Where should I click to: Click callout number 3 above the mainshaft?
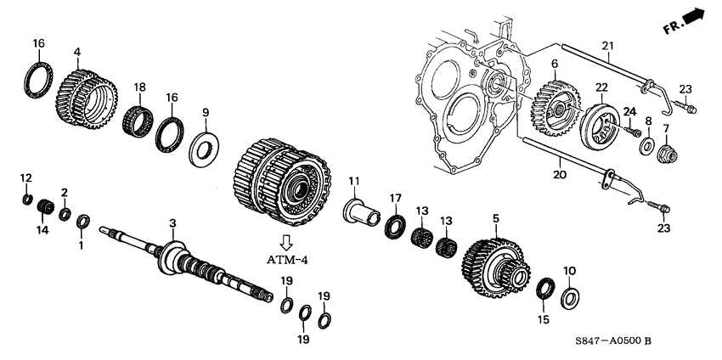[x=172, y=222]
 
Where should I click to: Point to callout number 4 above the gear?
[x=76, y=52]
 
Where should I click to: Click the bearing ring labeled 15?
[x=544, y=289]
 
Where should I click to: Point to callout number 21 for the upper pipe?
[x=606, y=45]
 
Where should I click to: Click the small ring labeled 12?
[x=26, y=200]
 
